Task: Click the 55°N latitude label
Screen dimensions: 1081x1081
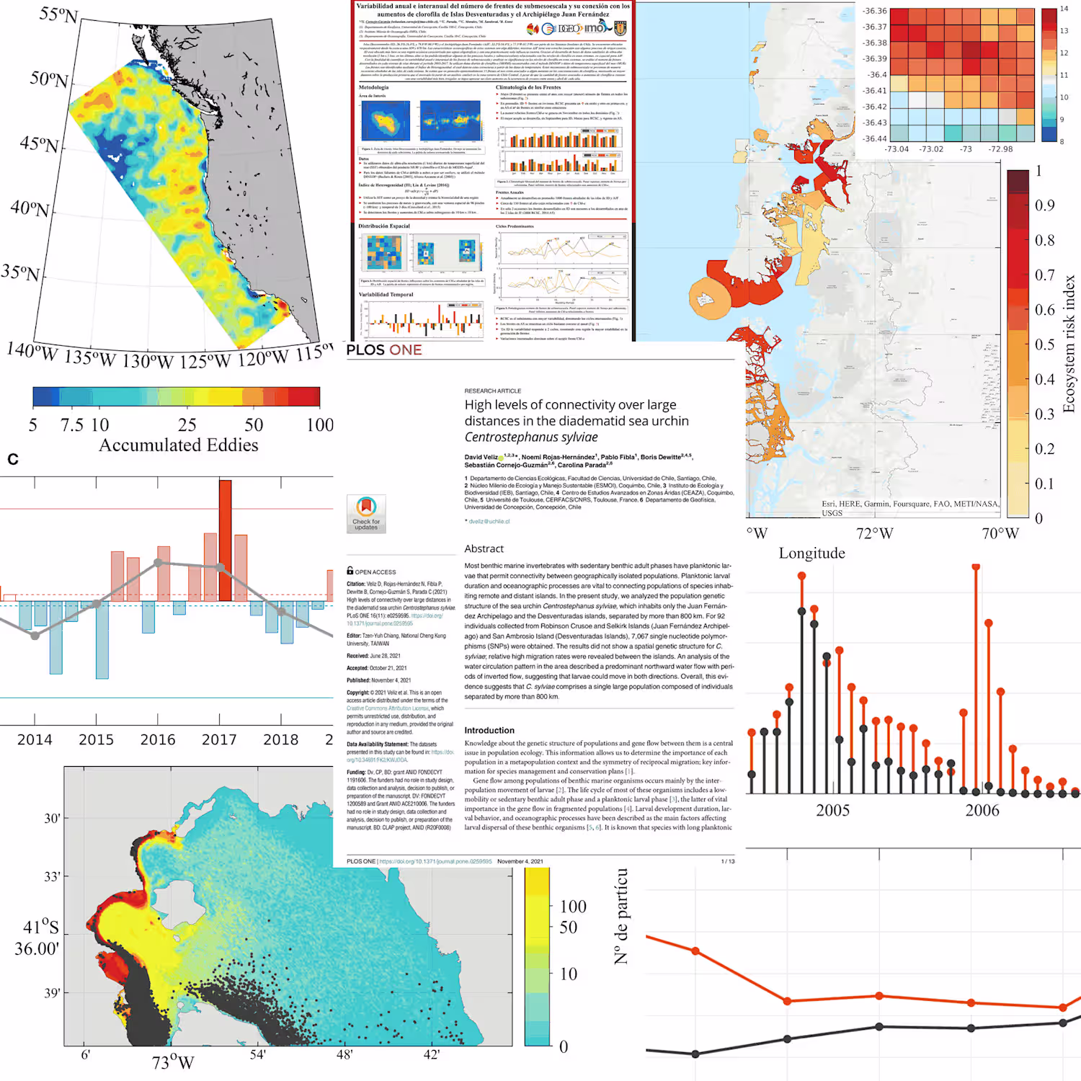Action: pyautogui.click(x=58, y=14)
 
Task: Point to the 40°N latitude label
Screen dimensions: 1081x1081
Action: pyautogui.click(x=30, y=208)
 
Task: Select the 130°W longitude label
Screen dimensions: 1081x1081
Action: pyautogui.click(x=150, y=360)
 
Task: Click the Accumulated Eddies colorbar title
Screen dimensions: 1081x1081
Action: pyautogui.click(x=178, y=445)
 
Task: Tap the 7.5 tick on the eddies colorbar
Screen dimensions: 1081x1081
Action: pyautogui.click(x=72, y=425)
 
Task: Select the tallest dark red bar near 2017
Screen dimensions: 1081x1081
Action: pyautogui.click(x=226, y=540)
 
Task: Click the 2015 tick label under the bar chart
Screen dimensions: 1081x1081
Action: pyautogui.click(x=96, y=739)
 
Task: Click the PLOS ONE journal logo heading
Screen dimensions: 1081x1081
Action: pyautogui.click(x=384, y=350)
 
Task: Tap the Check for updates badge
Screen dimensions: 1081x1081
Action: pyautogui.click(x=366, y=513)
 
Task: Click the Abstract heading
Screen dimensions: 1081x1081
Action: pyautogui.click(x=484, y=549)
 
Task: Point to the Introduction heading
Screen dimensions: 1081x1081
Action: pyautogui.click(x=489, y=731)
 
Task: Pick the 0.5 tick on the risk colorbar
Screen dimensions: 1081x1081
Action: pyautogui.click(x=1044, y=344)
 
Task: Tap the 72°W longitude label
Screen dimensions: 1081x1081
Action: pyautogui.click(x=874, y=534)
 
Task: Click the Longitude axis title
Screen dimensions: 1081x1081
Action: pyautogui.click(x=811, y=553)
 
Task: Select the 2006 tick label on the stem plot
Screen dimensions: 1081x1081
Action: pyautogui.click(x=982, y=811)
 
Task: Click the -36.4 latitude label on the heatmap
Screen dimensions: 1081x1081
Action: pyautogui.click(x=876, y=75)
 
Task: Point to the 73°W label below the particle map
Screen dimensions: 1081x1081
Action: pyautogui.click(x=173, y=1063)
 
